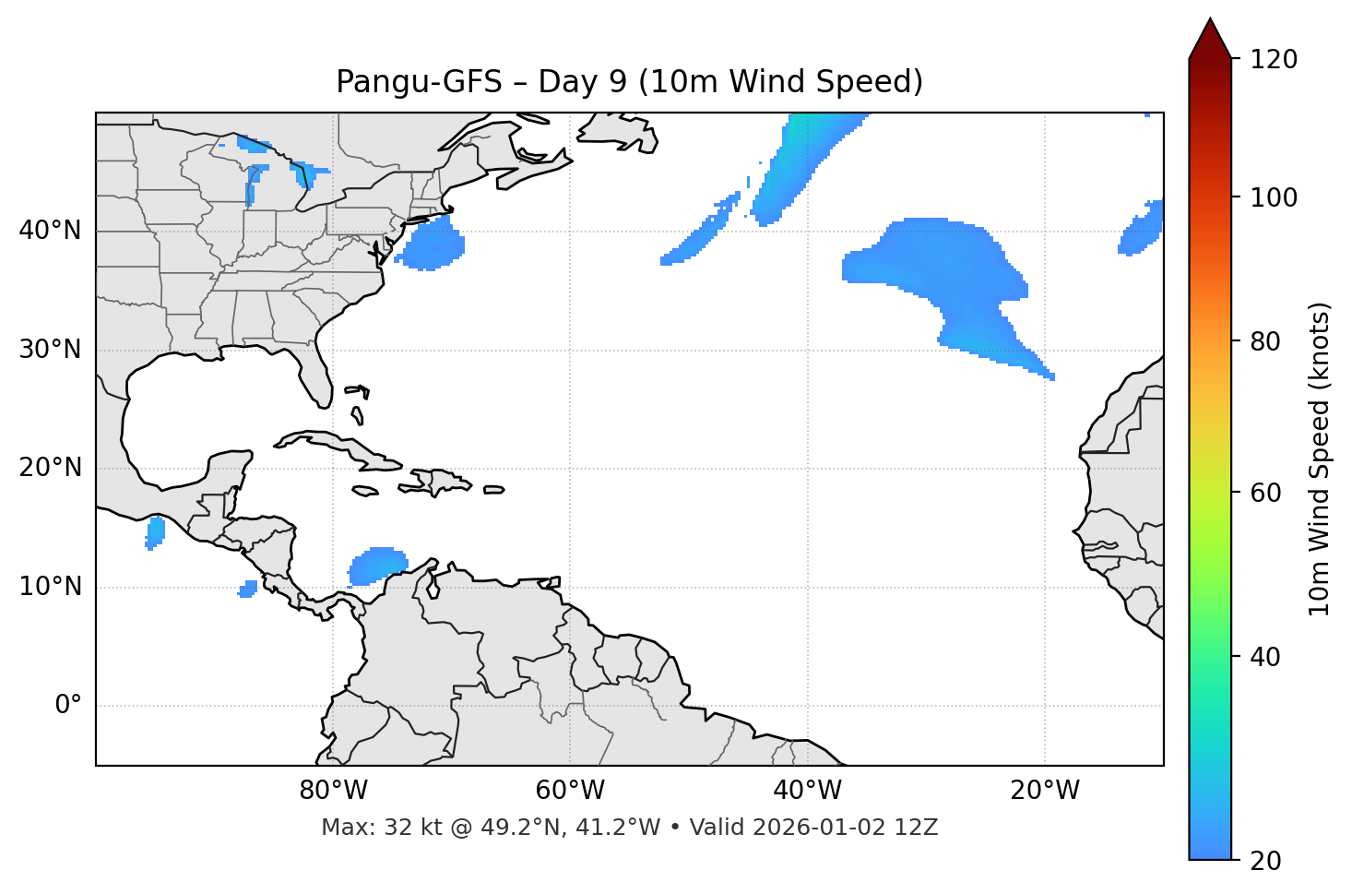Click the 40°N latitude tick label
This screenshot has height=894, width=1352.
pyautogui.click(x=50, y=231)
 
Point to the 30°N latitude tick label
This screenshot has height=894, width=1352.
pyautogui.click(x=50, y=350)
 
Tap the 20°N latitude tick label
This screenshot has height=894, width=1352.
pyautogui.click(x=50, y=468)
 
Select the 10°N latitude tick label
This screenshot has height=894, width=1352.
pyautogui.click(x=50, y=587)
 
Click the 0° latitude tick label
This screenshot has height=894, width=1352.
pyautogui.click(x=67, y=706)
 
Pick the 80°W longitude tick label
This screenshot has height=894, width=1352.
pyautogui.click(x=333, y=791)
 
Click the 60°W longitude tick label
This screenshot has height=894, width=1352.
pyautogui.click(x=570, y=791)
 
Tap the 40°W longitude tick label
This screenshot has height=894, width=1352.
pyautogui.click(x=807, y=791)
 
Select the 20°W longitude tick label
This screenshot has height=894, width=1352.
pyautogui.click(x=1044, y=791)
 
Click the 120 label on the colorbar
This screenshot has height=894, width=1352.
pyautogui.click(x=1273, y=60)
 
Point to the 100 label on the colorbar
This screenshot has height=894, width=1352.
pyautogui.click(x=1273, y=197)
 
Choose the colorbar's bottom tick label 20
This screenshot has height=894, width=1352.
pyautogui.click(x=1265, y=861)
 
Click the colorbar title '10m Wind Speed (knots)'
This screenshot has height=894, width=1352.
pyautogui.click(x=1320, y=459)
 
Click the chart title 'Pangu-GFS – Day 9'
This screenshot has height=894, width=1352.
pyautogui.click(x=629, y=82)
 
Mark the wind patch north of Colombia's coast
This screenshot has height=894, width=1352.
pyautogui.click(x=377, y=565)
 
